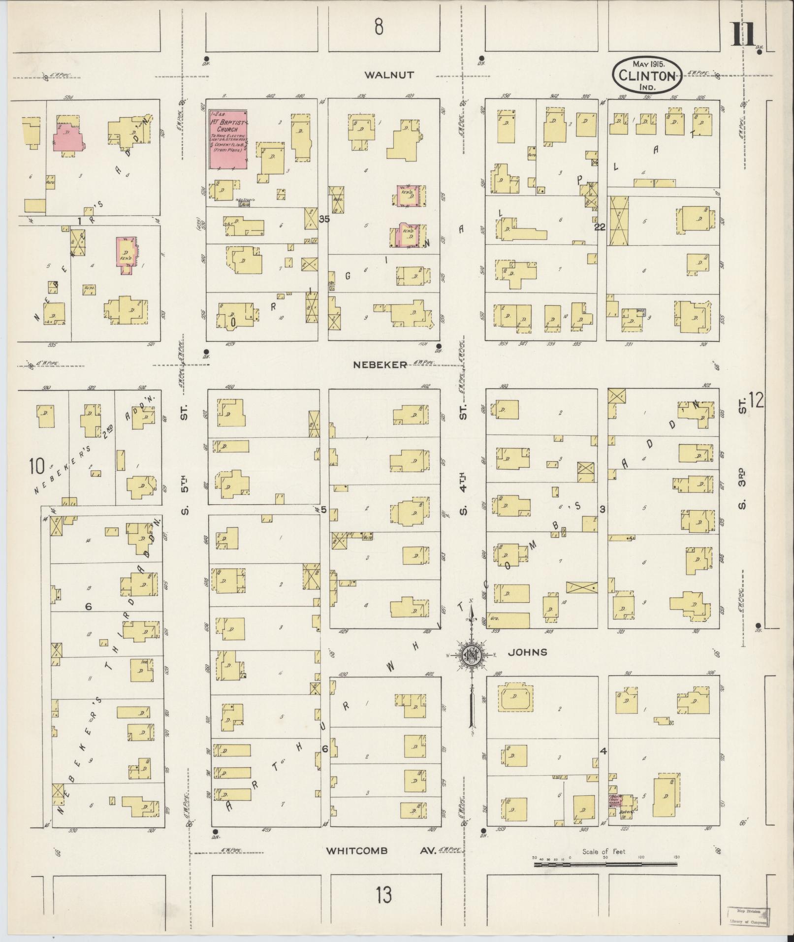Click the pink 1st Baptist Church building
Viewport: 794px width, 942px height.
[228, 139]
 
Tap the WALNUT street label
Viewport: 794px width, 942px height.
[389, 75]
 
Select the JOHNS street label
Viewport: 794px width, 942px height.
[527, 652]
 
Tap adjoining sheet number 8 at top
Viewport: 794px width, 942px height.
[378, 27]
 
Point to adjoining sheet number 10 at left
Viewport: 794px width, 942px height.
[37, 465]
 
